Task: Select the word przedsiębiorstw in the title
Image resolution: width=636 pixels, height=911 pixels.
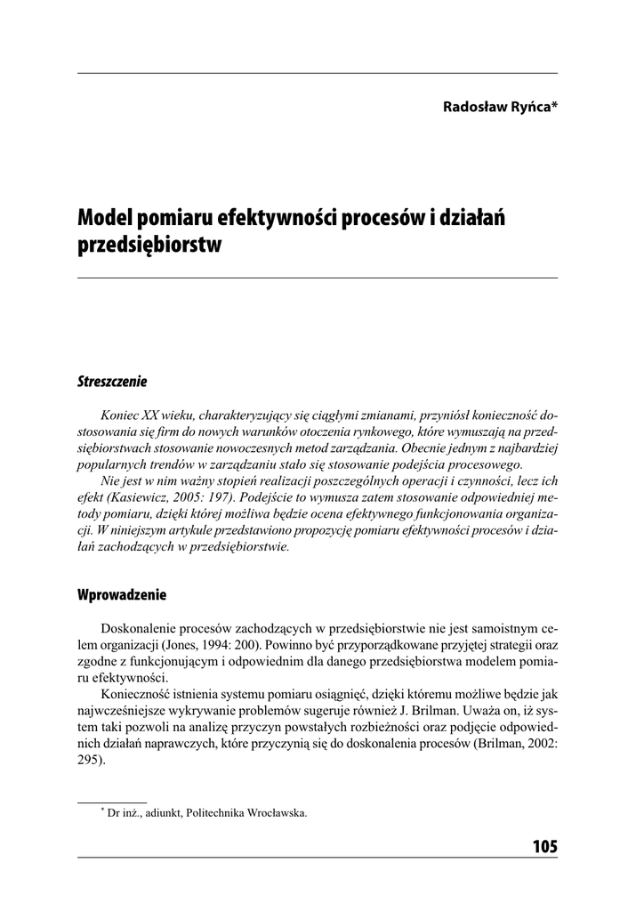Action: [149, 245]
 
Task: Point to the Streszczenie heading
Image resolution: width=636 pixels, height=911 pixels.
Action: [112, 382]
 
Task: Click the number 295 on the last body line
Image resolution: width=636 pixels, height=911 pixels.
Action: [89, 761]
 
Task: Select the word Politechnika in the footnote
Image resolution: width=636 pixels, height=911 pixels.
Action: [216, 812]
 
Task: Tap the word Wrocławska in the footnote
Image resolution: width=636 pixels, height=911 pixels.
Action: [277, 812]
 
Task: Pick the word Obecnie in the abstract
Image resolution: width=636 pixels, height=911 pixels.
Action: [432, 448]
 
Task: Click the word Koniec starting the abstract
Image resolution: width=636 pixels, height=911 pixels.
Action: [122, 415]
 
